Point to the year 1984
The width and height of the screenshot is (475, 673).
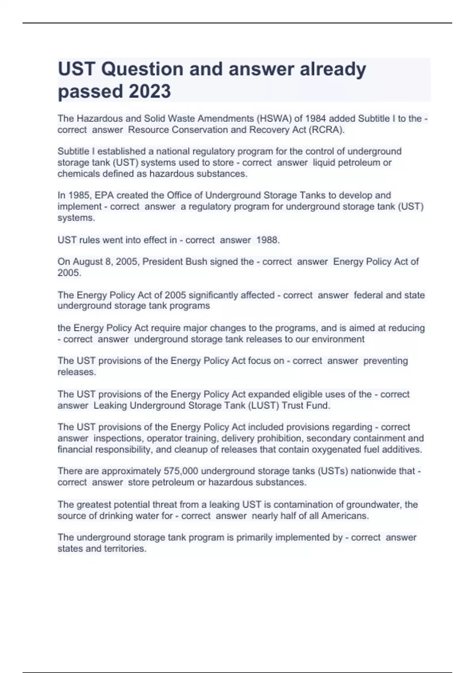point(316,118)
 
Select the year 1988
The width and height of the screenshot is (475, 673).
point(268,240)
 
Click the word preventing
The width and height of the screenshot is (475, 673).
point(386,361)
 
